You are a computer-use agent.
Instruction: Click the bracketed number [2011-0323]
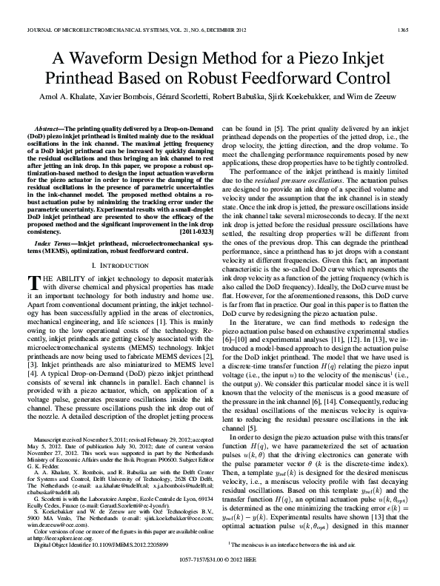point(194,232)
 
